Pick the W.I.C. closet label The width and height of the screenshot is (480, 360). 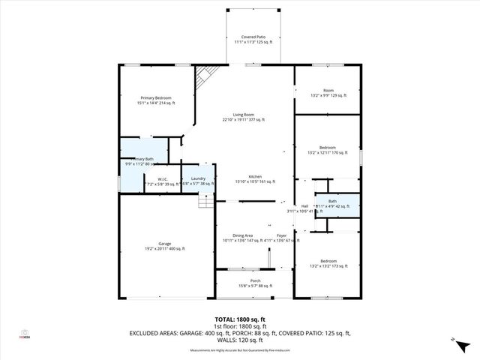162,181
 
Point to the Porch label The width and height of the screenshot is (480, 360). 255,283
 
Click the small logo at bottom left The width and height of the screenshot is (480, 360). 25,334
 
